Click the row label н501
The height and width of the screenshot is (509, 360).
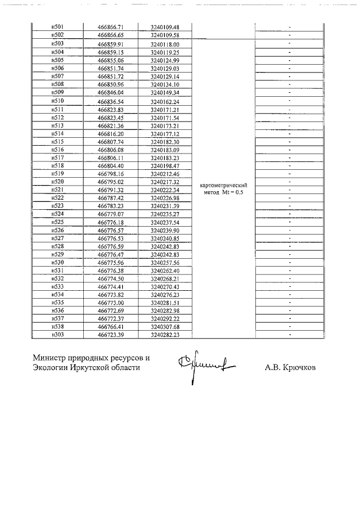pos(57,27)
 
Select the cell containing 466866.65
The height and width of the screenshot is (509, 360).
pos(110,35)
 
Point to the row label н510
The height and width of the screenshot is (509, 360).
pos(57,101)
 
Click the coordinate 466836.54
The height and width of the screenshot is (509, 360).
pos(110,102)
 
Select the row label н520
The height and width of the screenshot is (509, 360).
pos(57,182)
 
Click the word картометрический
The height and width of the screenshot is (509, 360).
pos(224,184)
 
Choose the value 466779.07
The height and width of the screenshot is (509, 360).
pos(110,214)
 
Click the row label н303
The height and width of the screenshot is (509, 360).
pos(57,335)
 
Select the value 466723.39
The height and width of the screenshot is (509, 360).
pos(110,335)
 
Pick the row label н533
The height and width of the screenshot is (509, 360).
pos(57,286)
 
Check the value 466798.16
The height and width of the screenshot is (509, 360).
pos(110,174)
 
